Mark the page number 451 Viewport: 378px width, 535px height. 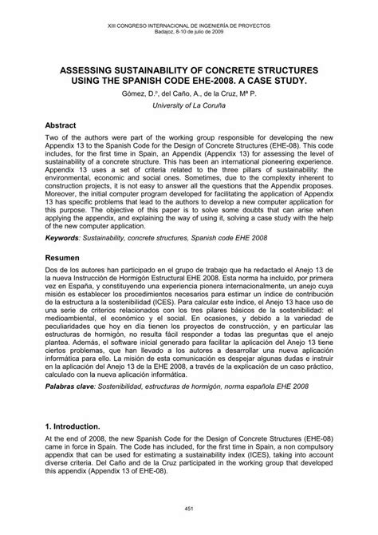tap(189, 517)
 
